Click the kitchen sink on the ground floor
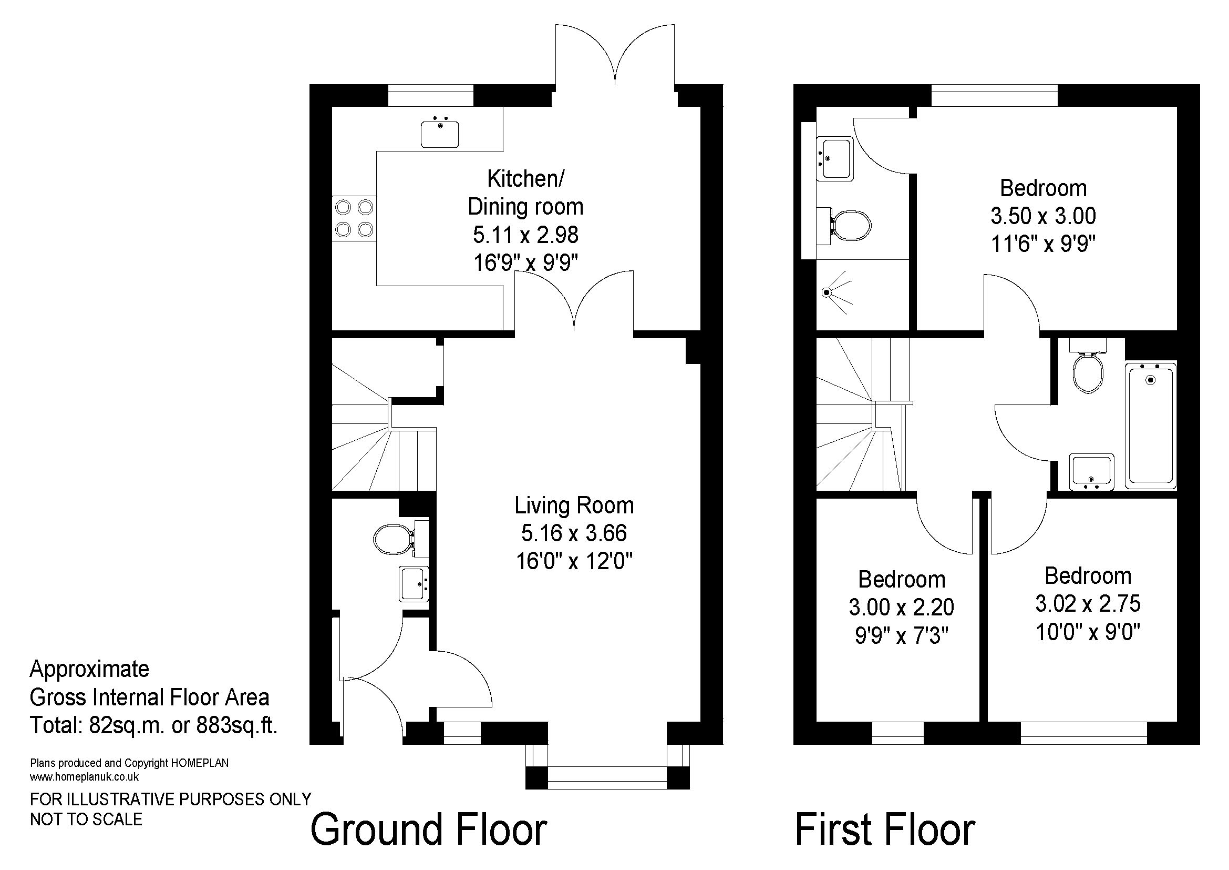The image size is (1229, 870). coord(439,134)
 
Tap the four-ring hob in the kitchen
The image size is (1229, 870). coord(354,219)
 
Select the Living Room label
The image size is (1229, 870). coord(574,505)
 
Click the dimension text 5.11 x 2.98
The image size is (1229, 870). coord(525,235)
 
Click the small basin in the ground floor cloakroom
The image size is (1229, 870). coord(414,584)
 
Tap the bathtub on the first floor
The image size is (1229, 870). coord(1150,426)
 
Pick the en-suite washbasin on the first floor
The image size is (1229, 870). coord(835,158)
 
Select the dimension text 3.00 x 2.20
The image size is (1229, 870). coord(902,607)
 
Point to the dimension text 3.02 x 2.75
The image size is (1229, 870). coord(1088,604)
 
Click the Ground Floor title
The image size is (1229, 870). coord(429,830)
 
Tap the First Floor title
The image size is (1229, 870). coord(885,830)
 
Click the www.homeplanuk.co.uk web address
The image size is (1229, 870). coord(85,776)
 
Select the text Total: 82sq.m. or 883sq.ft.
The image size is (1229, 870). coord(153,725)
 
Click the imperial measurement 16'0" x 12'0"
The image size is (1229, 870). coord(574,561)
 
